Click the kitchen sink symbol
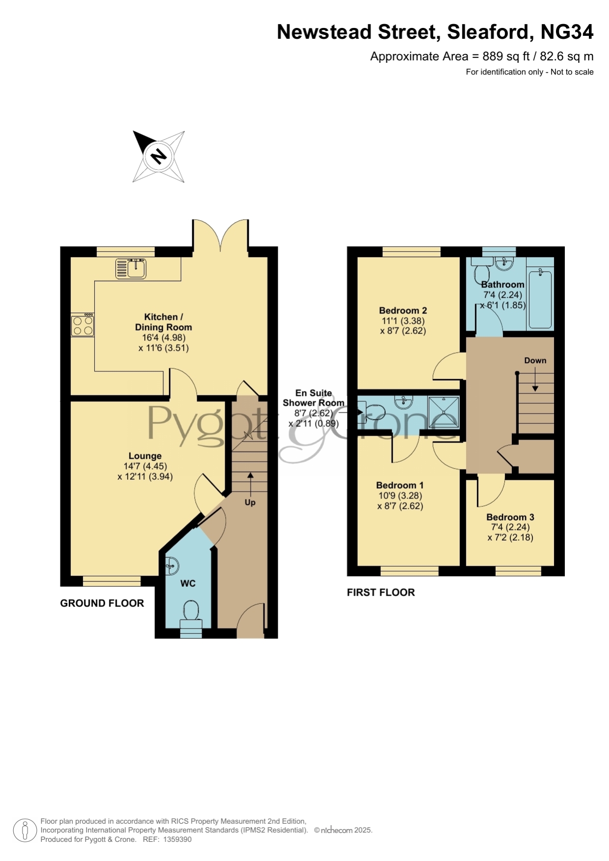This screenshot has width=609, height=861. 131,268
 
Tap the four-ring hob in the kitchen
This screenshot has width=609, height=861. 82,325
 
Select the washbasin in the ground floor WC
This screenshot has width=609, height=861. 172,566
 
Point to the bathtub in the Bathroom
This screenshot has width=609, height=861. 540,299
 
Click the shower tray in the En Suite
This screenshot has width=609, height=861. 444,412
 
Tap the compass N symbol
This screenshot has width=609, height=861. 159,157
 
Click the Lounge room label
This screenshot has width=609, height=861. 145,456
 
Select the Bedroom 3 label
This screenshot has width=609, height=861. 510,517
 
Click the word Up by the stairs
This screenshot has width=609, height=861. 250,502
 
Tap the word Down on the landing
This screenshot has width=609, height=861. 535,361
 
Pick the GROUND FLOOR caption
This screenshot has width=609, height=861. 102,603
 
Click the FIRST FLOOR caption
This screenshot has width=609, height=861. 381,593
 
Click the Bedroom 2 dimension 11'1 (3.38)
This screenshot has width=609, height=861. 403,321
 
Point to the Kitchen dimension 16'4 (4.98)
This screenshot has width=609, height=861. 164,338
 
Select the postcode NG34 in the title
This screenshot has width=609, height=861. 567,32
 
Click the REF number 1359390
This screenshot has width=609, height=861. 177,839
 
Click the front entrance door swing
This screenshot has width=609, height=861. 251,620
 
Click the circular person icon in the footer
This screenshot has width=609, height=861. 25,830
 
